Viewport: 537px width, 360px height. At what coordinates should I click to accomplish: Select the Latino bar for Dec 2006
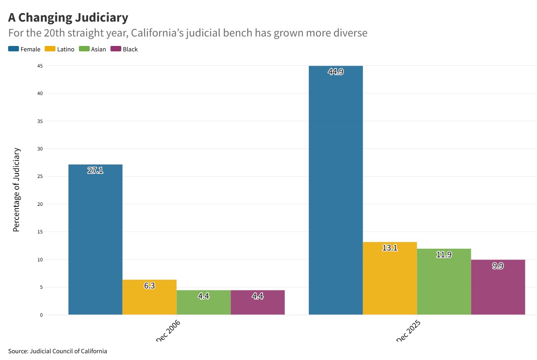pyautogui.click(x=149, y=297)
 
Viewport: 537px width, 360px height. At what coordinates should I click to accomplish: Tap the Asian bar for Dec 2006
pyautogui.click(x=203, y=302)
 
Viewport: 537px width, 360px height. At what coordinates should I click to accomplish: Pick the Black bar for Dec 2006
pyautogui.click(x=257, y=302)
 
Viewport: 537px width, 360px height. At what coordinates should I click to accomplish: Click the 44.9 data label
pyautogui.click(x=335, y=71)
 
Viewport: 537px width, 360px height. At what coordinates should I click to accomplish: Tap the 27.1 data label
pyautogui.click(x=95, y=170)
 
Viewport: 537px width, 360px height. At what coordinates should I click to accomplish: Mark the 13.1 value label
pyautogui.click(x=390, y=248)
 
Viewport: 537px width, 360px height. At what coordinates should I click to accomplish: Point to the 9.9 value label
pyautogui.click(x=498, y=266)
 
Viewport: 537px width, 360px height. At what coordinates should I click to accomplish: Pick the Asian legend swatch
pyautogui.click(x=84, y=49)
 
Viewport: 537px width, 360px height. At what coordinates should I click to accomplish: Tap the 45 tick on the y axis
pyautogui.click(x=40, y=66)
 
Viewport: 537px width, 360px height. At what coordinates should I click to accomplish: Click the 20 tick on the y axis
pyautogui.click(x=40, y=204)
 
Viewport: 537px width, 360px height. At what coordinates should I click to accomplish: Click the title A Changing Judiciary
pyautogui.click(x=68, y=18)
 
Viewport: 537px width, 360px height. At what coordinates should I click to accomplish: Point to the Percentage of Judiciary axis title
pyautogui.click(x=17, y=189)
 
